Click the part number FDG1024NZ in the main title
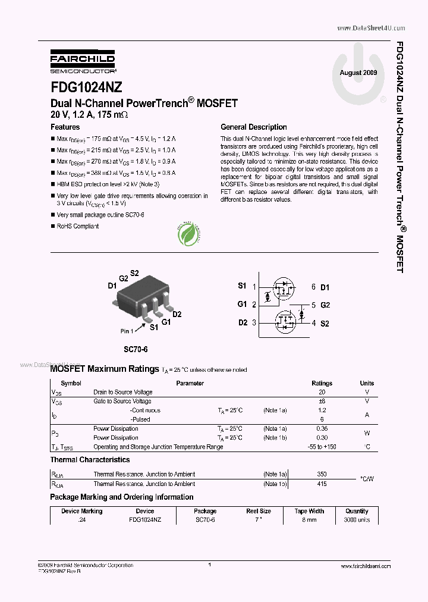coord(86,87)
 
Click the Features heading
coord(65,127)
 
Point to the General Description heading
coord(253,127)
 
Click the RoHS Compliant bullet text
coord(77,227)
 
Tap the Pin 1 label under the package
coord(129,331)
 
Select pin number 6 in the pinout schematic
coord(313,287)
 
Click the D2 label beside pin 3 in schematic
coord(242,323)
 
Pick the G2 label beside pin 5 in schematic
coord(325,305)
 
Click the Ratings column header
coord(322,384)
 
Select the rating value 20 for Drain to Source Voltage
coord(322,393)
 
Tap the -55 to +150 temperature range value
coord(322,447)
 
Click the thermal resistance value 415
coord(322,484)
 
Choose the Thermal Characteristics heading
coord(90,460)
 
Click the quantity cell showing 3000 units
coord(357,520)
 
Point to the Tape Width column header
coord(310,511)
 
